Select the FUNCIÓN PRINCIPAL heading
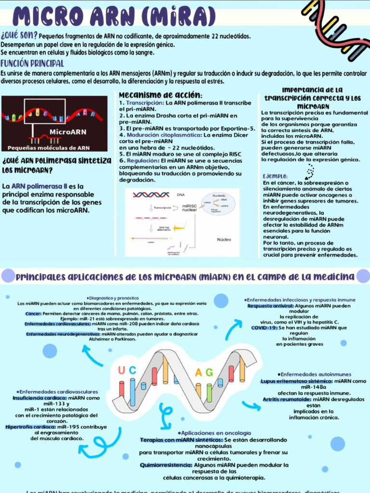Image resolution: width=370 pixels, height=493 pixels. (32, 64)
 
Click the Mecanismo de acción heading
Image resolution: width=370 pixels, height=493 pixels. (160, 94)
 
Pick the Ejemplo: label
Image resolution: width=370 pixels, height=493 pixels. (275, 176)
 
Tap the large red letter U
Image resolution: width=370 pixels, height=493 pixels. (121, 370)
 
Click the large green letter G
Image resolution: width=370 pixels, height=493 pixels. (210, 372)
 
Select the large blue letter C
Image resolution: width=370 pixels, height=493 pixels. (132, 370)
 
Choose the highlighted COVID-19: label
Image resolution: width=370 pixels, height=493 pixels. (264, 327)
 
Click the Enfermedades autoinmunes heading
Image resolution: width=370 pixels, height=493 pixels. (315, 374)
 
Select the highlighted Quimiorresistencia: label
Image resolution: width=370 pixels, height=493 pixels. (166, 465)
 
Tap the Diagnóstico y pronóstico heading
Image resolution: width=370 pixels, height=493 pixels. (112, 298)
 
